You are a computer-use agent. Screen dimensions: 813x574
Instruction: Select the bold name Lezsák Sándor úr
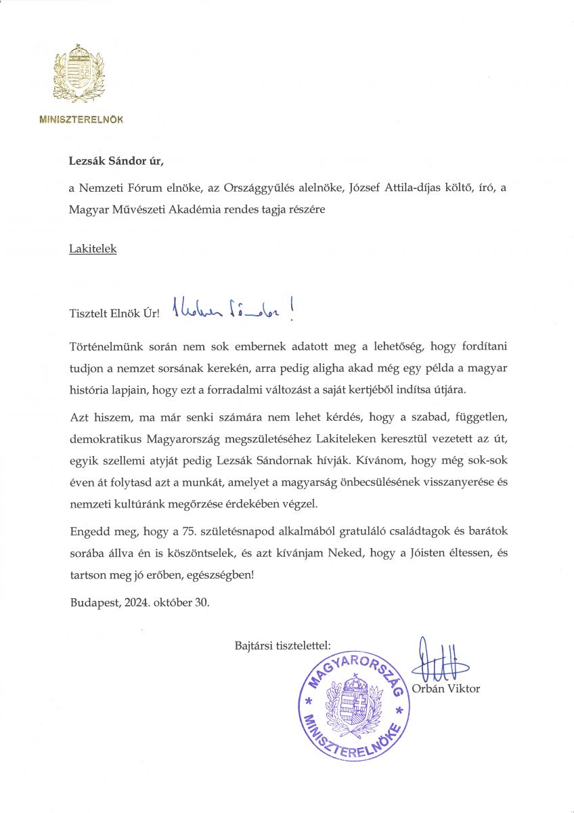click(x=116, y=161)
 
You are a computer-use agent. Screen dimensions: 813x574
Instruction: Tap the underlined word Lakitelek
click(x=93, y=249)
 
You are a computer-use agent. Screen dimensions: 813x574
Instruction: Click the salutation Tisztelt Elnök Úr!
click(x=114, y=314)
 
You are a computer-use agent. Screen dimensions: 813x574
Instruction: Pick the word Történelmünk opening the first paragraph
click(x=104, y=347)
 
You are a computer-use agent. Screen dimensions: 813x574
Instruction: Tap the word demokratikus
click(x=104, y=439)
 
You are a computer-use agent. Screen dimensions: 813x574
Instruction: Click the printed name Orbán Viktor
click(x=445, y=688)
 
